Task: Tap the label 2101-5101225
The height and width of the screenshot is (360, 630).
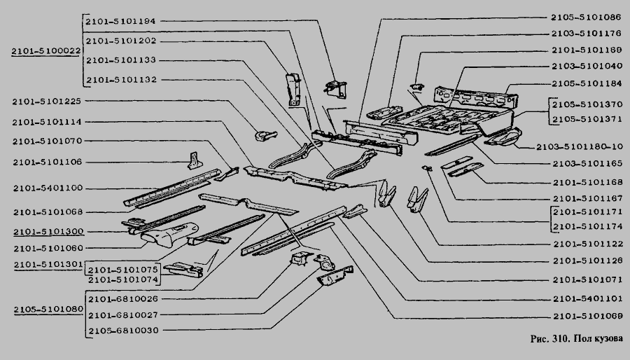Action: (x=48, y=102)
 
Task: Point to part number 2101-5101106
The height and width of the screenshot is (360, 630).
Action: (x=48, y=162)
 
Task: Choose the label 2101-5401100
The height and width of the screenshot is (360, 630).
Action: (x=48, y=188)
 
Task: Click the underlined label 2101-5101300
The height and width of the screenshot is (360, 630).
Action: (x=48, y=231)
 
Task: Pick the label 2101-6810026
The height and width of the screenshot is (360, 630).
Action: (x=122, y=299)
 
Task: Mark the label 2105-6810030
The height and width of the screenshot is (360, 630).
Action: (x=122, y=330)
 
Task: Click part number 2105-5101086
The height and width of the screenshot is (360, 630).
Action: (x=586, y=15)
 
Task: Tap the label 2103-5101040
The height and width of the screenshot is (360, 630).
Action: (x=586, y=66)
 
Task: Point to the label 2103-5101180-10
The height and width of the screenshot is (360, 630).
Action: (x=579, y=146)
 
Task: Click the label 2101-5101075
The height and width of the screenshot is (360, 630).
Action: (x=123, y=270)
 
